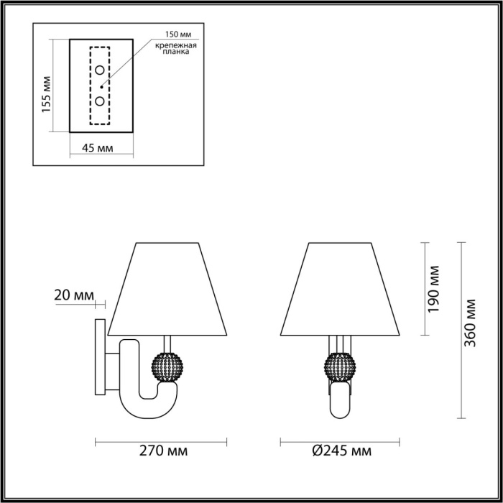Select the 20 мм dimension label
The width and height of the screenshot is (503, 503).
pyautogui.click(x=74, y=295)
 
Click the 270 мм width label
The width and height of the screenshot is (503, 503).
pyautogui.click(x=163, y=451)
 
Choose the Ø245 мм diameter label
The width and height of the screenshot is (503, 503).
pyautogui.click(x=341, y=451)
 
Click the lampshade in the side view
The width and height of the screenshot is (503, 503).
pyautogui.click(x=167, y=287)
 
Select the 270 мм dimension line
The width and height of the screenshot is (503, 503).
pyautogui.click(x=162, y=440)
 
